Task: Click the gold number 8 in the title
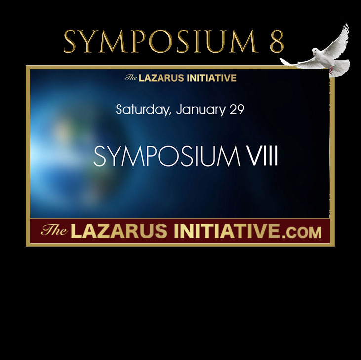coord(277,42)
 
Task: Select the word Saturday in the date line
coord(143,110)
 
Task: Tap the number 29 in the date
coord(237,110)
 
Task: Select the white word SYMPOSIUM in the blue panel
coord(167,156)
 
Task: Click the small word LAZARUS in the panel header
coord(161,78)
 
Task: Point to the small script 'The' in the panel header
coord(131,78)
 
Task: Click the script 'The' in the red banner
coord(54,230)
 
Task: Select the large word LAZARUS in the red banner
coord(119,231)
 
